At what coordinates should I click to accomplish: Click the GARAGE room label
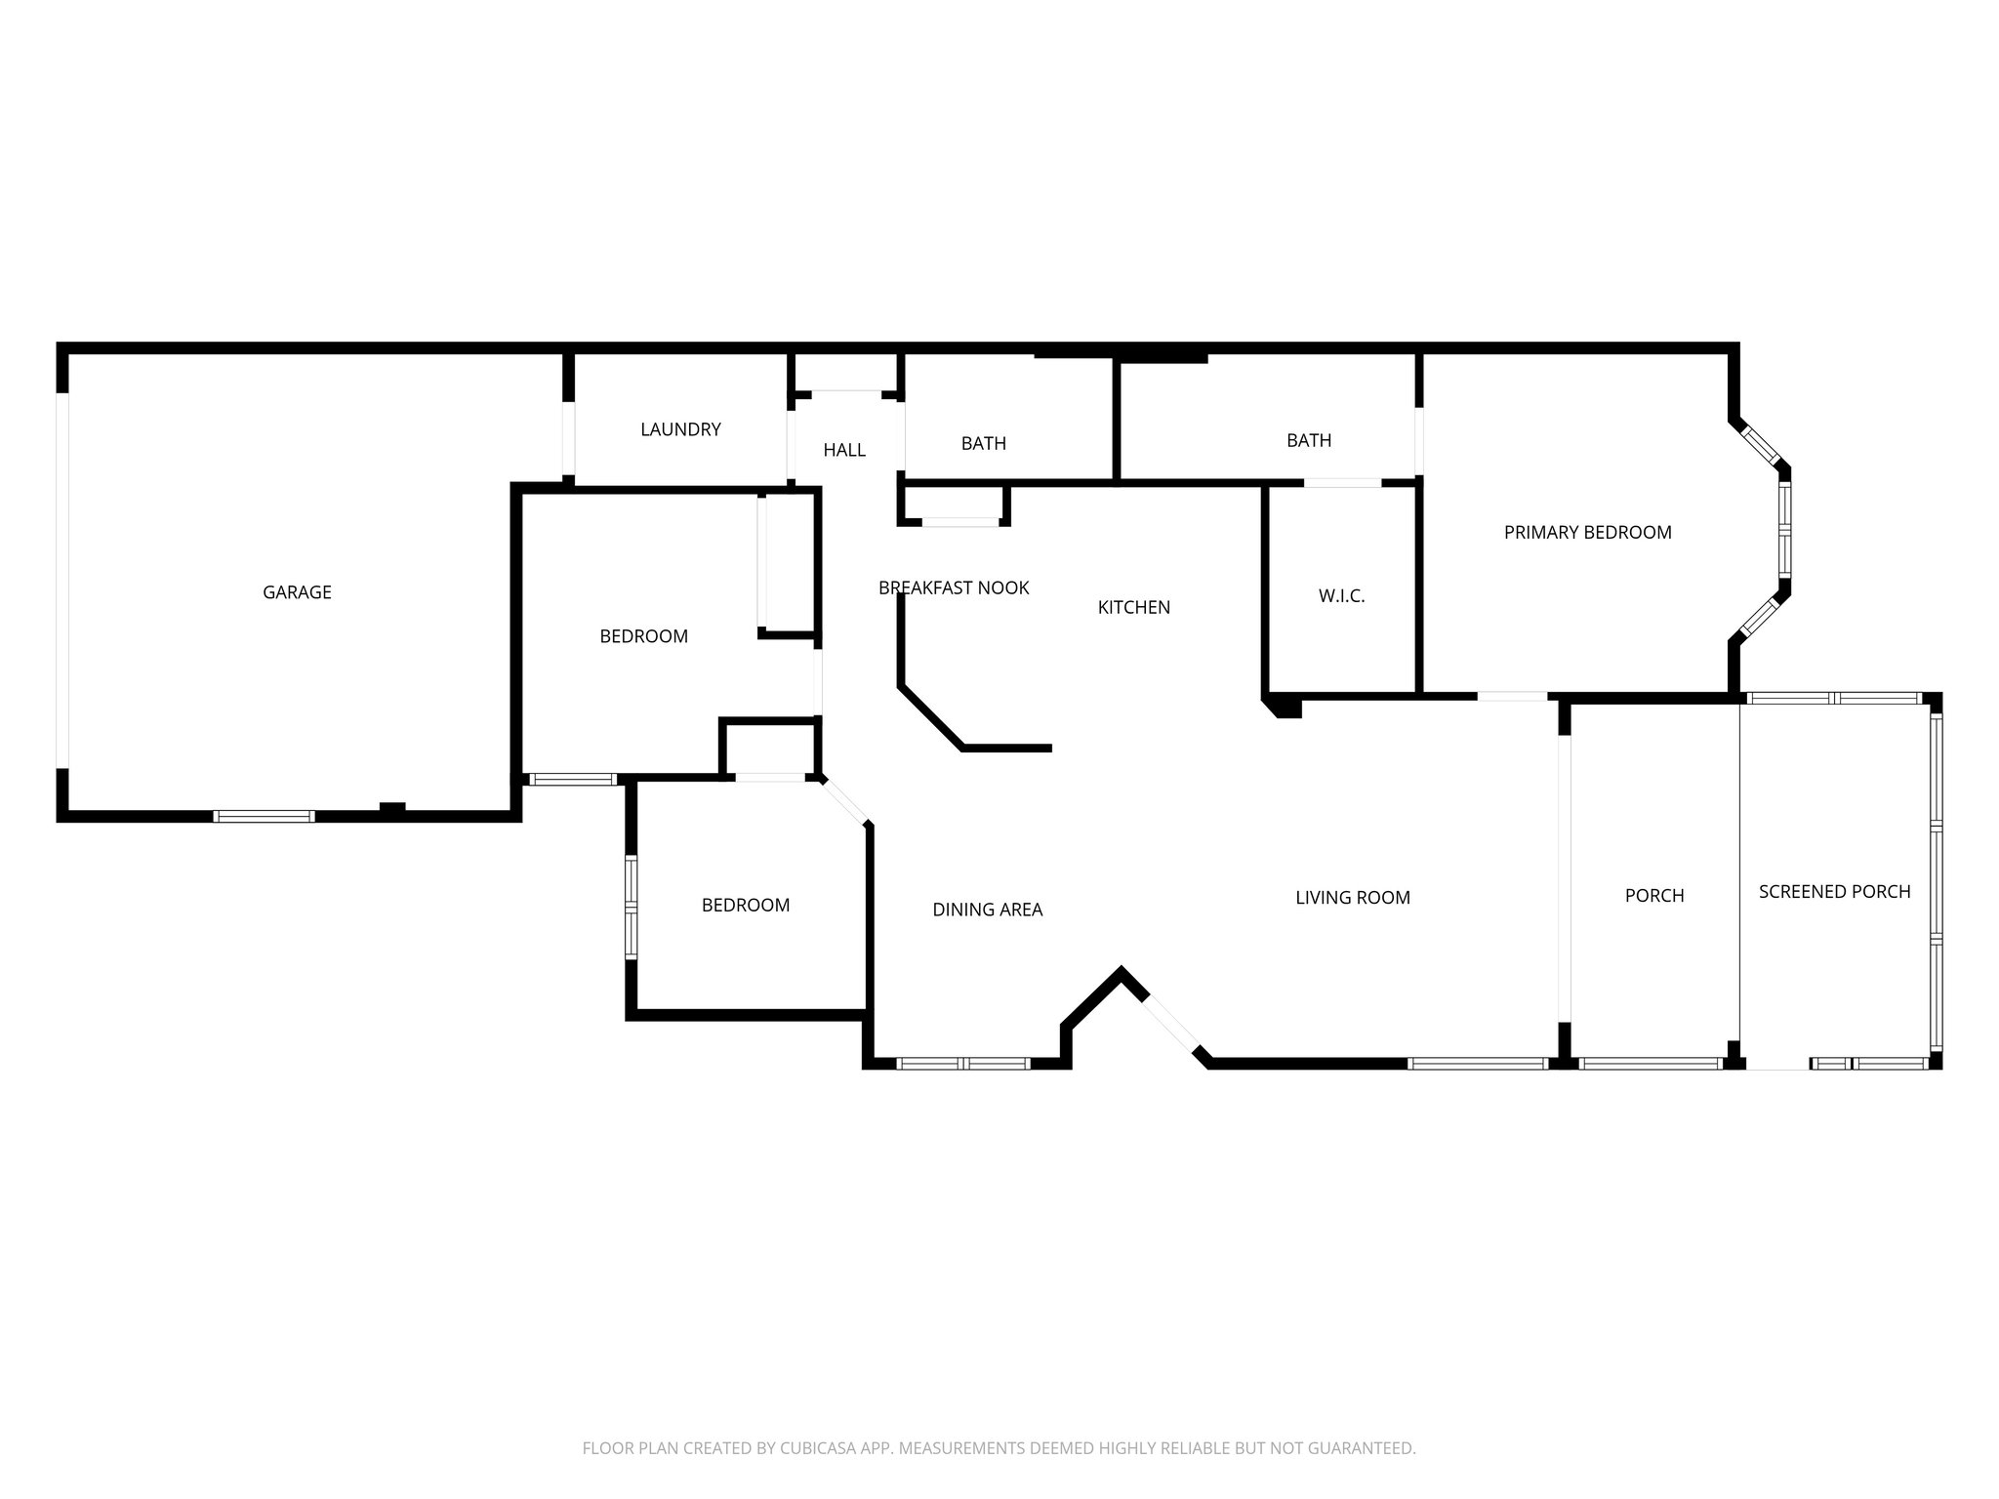(297, 592)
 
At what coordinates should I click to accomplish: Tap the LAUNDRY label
(680, 429)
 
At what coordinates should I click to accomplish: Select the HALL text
(843, 450)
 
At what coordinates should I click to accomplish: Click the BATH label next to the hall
(983, 443)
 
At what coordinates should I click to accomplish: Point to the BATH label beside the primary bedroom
(1308, 440)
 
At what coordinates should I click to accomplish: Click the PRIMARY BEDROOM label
(1587, 532)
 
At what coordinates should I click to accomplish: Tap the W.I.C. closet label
(1341, 596)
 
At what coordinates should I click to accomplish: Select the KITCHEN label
(1133, 607)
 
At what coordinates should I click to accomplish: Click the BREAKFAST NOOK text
(954, 587)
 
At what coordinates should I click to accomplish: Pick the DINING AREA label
(987, 910)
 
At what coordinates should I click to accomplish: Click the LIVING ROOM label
(1352, 898)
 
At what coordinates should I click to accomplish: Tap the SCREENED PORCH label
(1834, 891)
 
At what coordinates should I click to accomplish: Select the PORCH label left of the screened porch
(1653, 895)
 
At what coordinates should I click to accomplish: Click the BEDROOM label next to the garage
(643, 636)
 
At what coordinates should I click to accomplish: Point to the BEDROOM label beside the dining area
(745, 905)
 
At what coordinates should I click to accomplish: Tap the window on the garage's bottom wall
(264, 816)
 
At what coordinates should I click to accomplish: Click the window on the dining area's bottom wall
(963, 1064)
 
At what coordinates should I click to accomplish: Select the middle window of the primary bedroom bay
(1784, 532)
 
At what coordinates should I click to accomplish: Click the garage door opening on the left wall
(62, 581)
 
